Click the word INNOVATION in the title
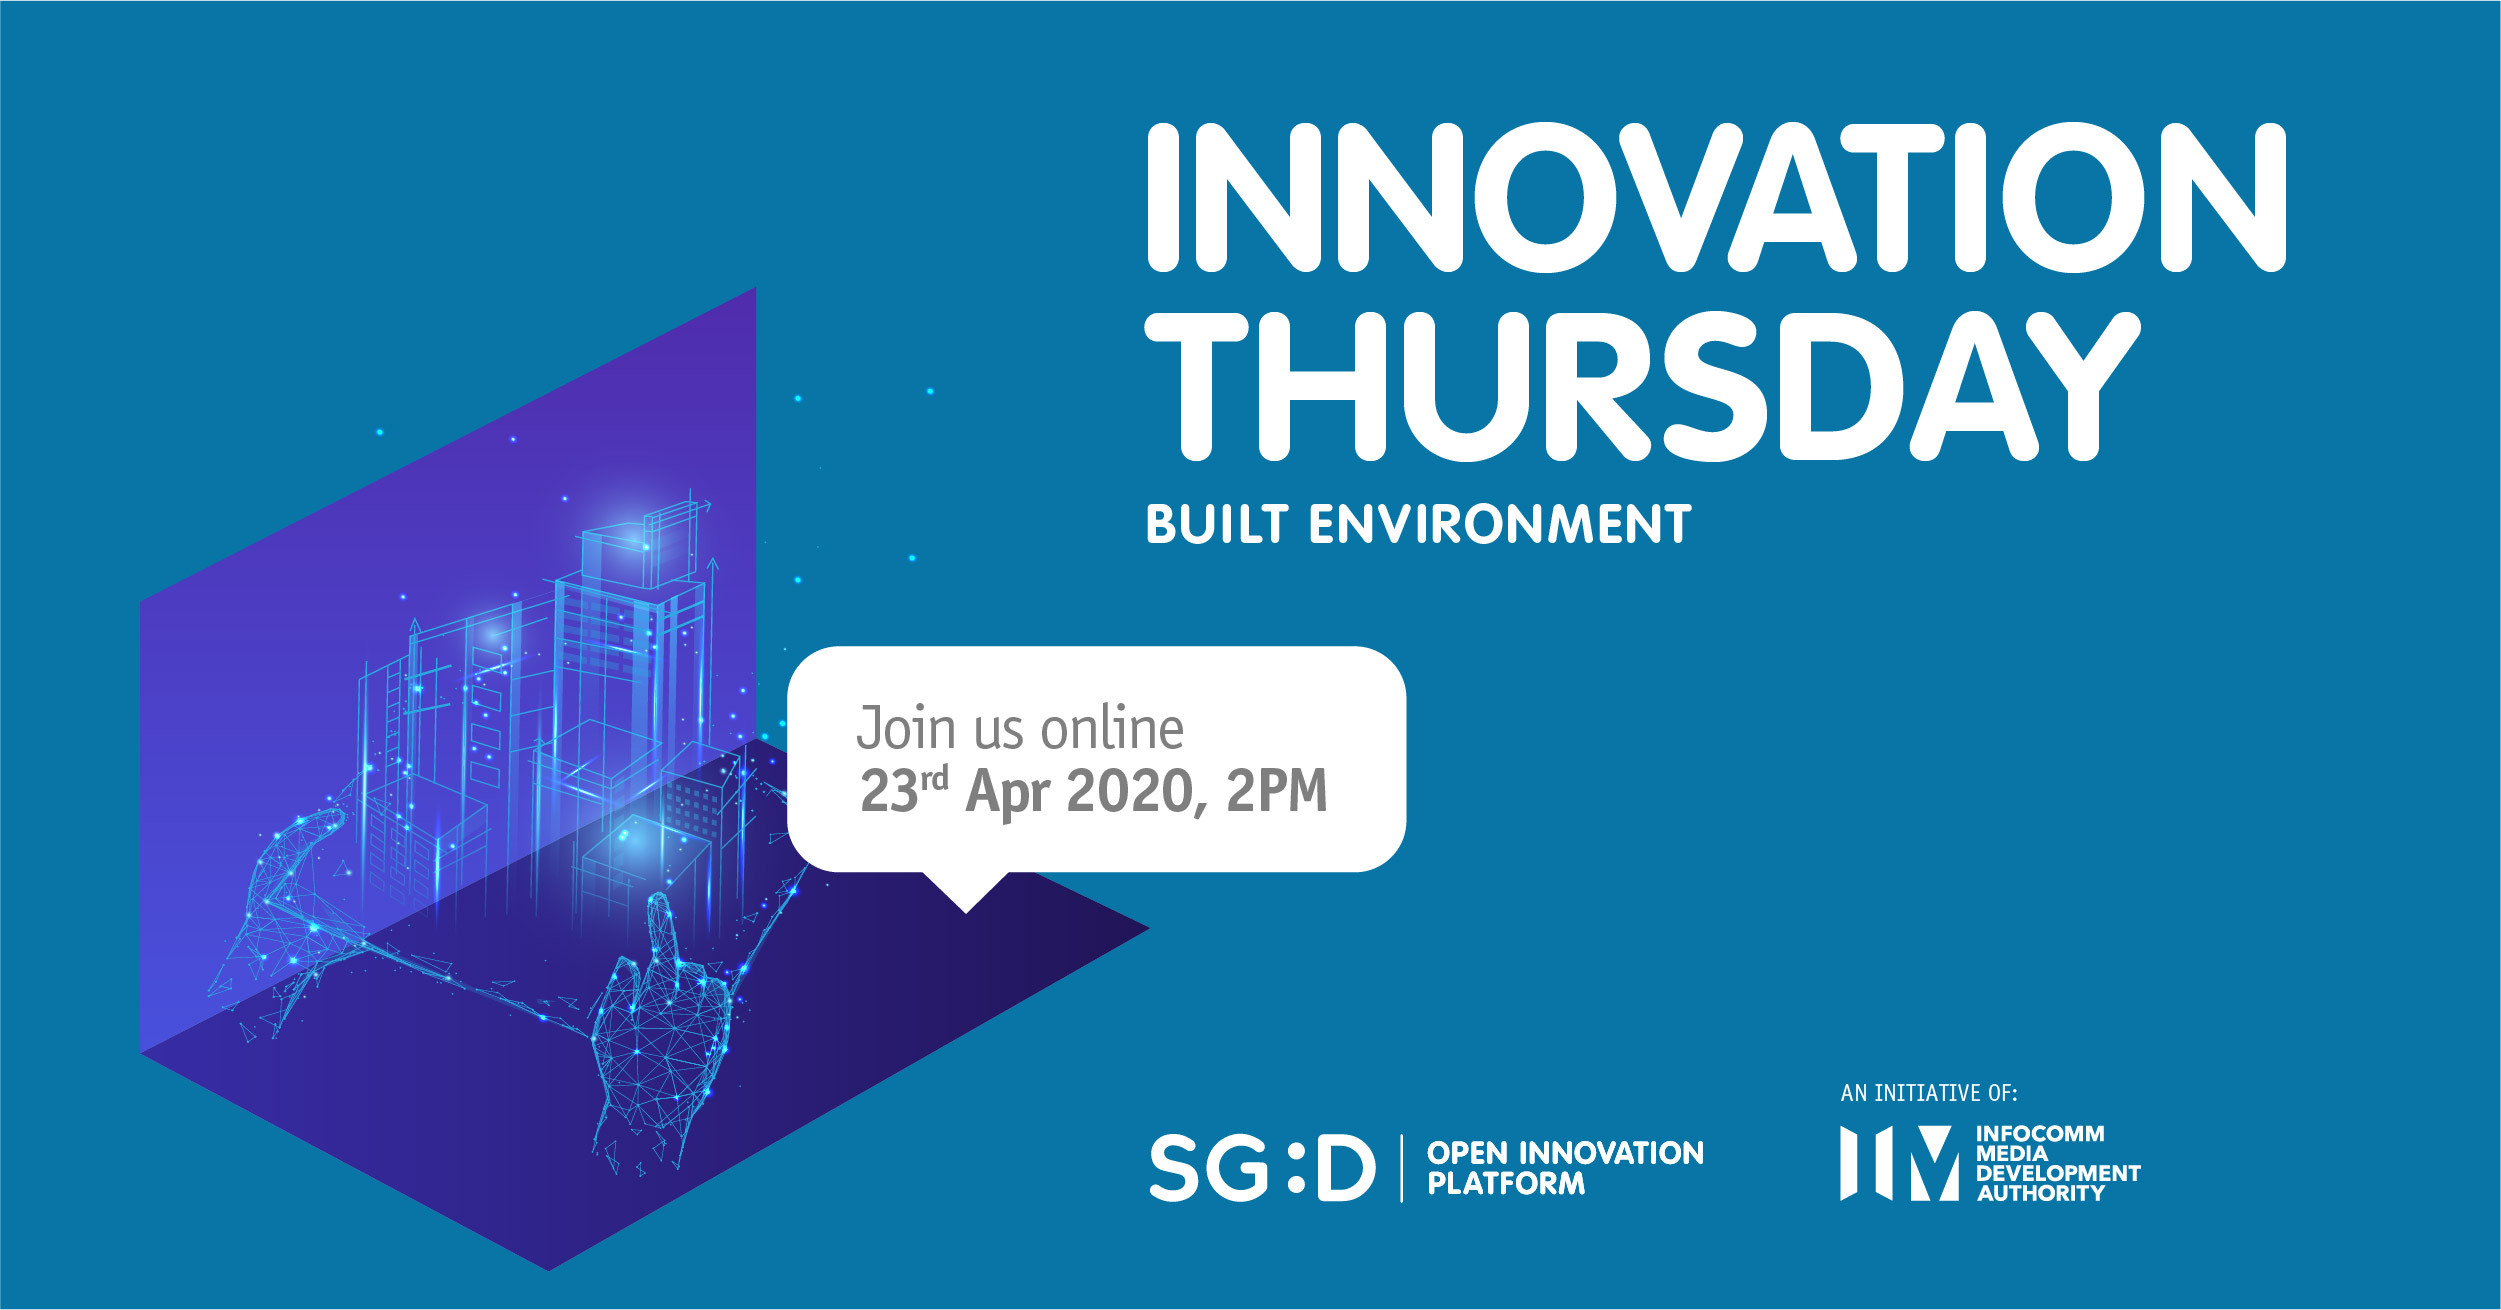coord(1716,197)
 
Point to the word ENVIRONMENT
coord(1500,524)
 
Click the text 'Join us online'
coord(1020,728)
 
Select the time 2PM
coord(1277,791)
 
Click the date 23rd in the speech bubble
coord(904,790)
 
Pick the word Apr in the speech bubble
coord(1008,793)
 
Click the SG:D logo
coord(1262,1167)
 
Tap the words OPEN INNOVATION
coord(1565,1153)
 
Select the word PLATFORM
coord(1506,1184)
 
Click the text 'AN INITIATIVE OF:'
coord(1929,1093)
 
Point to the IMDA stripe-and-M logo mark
coord(1899,1163)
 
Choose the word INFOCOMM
coord(2040,1134)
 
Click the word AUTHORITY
coord(2041,1193)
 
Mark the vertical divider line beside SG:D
coord(1401,1168)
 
